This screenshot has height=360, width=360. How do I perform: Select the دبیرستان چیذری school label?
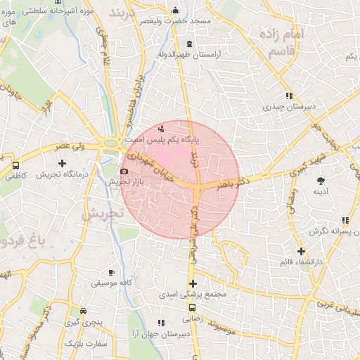click(x=287, y=107)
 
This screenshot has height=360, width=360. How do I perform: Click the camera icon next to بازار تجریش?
click(x=124, y=171)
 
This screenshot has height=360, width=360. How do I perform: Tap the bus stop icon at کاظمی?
click(x=15, y=165)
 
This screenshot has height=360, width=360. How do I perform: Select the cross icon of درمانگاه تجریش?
click(x=63, y=163)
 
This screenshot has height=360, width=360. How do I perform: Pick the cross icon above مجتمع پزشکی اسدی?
click(x=193, y=283)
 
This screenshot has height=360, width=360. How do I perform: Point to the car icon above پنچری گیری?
click(x=84, y=311)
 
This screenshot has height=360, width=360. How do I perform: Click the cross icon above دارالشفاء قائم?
click(x=301, y=251)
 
